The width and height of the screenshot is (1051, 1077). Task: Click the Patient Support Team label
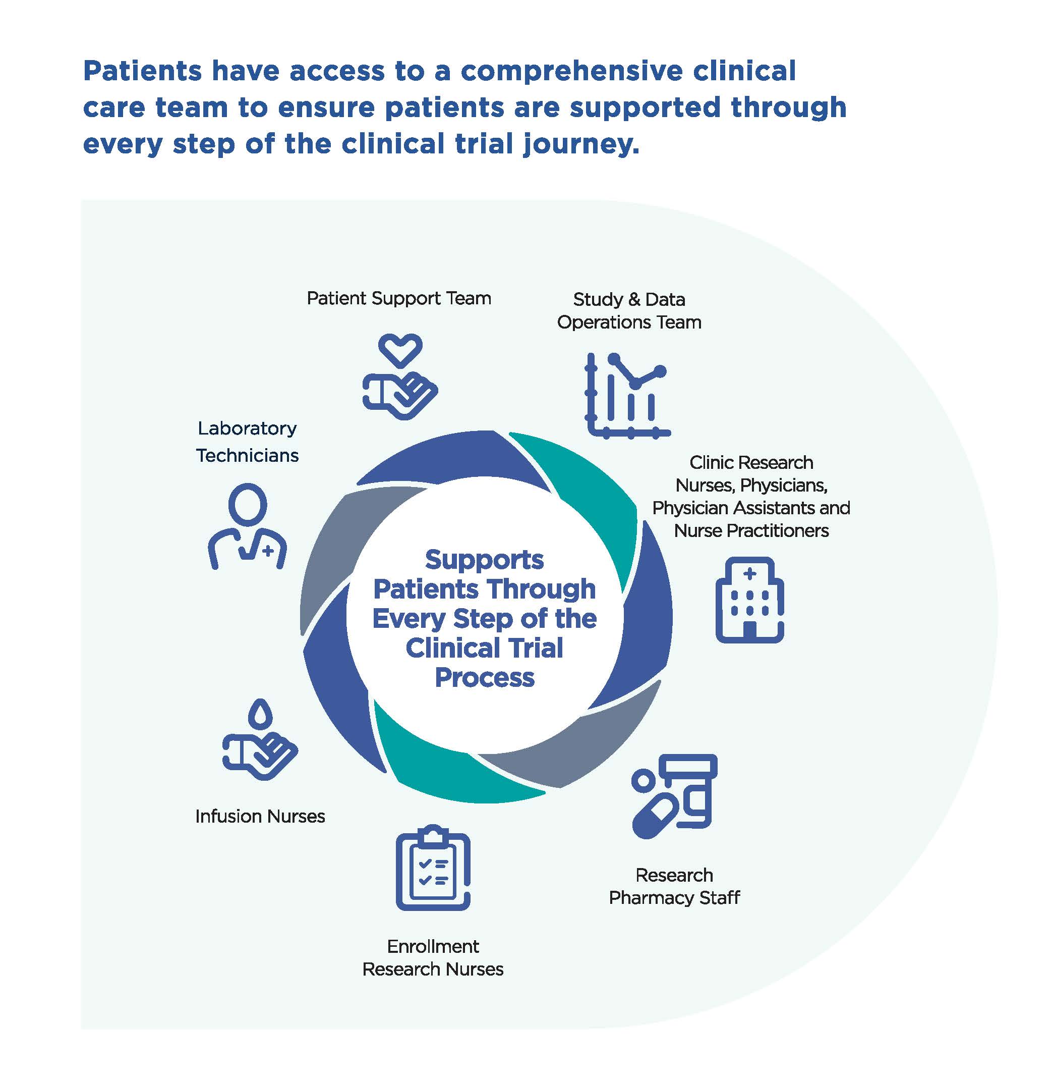point(398,298)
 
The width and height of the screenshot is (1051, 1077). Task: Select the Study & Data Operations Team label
point(629,310)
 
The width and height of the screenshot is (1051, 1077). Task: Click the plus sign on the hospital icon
point(749,574)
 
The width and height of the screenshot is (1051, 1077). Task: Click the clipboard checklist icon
point(433,868)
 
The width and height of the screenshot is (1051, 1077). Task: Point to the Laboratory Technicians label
point(247,442)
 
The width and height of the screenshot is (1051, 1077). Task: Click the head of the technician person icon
point(247,504)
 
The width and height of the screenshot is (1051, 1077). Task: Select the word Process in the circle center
point(485,678)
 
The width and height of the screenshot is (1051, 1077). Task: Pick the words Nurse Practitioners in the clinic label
point(751,531)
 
